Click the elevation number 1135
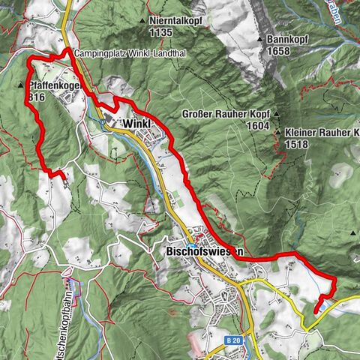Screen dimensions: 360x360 coord(161,33)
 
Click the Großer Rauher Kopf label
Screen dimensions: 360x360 coord(225,115)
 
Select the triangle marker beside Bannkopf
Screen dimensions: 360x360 coord(259,39)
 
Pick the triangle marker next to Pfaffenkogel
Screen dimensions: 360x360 coord(20,85)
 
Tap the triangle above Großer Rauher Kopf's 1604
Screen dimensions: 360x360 coord(276,115)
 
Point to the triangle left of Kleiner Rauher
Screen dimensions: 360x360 coord(278,133)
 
